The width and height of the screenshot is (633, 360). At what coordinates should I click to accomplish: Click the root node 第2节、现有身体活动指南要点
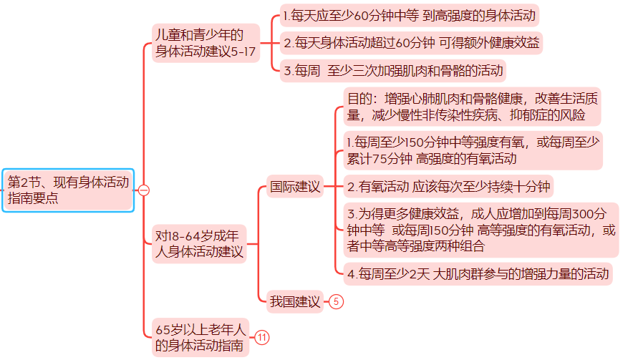(68, 190)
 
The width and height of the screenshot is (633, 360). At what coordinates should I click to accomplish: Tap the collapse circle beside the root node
(143, 190)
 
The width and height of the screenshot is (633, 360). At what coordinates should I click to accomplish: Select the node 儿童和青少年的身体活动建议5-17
(205, 42)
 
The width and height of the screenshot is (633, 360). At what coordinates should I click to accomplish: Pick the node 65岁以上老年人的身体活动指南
(201, 338)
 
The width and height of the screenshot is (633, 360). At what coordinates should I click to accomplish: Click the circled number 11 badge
(262, 338)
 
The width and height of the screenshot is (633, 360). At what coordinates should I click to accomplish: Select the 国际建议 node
(294, 188)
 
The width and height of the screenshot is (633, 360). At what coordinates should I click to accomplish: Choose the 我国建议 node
(294, 301)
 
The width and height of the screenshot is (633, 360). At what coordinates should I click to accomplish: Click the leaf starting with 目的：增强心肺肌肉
(472, 107)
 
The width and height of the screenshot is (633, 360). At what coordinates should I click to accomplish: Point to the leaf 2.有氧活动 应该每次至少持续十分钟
(448, 188)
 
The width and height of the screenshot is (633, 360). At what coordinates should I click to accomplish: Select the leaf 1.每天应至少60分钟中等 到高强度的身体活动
(410, 15)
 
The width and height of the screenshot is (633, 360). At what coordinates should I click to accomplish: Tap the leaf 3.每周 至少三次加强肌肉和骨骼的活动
(393, 70)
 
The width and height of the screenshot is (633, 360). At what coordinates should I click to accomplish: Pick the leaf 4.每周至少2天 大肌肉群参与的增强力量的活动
(478, 273)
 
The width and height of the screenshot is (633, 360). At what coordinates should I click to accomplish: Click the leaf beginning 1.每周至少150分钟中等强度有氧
(472, 150)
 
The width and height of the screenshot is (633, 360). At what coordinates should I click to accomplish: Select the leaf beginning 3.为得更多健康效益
(480, 230)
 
